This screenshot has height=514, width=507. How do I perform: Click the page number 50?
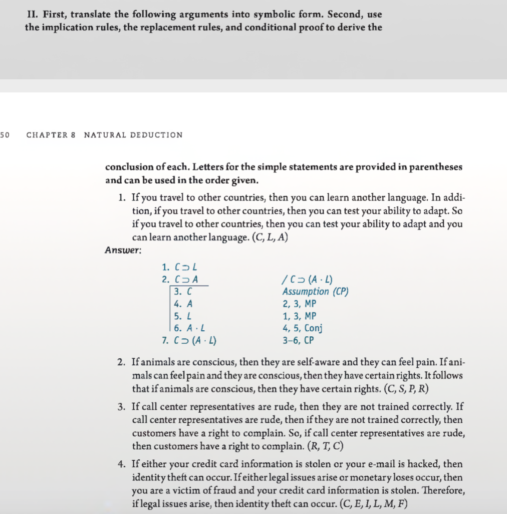click(x=5, y=135)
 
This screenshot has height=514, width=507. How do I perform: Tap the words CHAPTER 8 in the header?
click(x=51, y=135)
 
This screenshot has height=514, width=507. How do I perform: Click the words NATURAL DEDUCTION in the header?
click(x=133, y=135)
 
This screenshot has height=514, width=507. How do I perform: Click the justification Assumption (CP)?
click(x=315, y=292)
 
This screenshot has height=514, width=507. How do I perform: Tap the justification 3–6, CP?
click(x=298, y=340)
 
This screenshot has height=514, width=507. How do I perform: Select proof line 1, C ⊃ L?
click(x=175, y=268)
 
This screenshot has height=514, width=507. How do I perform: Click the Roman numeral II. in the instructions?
click(x=34, y=15)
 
